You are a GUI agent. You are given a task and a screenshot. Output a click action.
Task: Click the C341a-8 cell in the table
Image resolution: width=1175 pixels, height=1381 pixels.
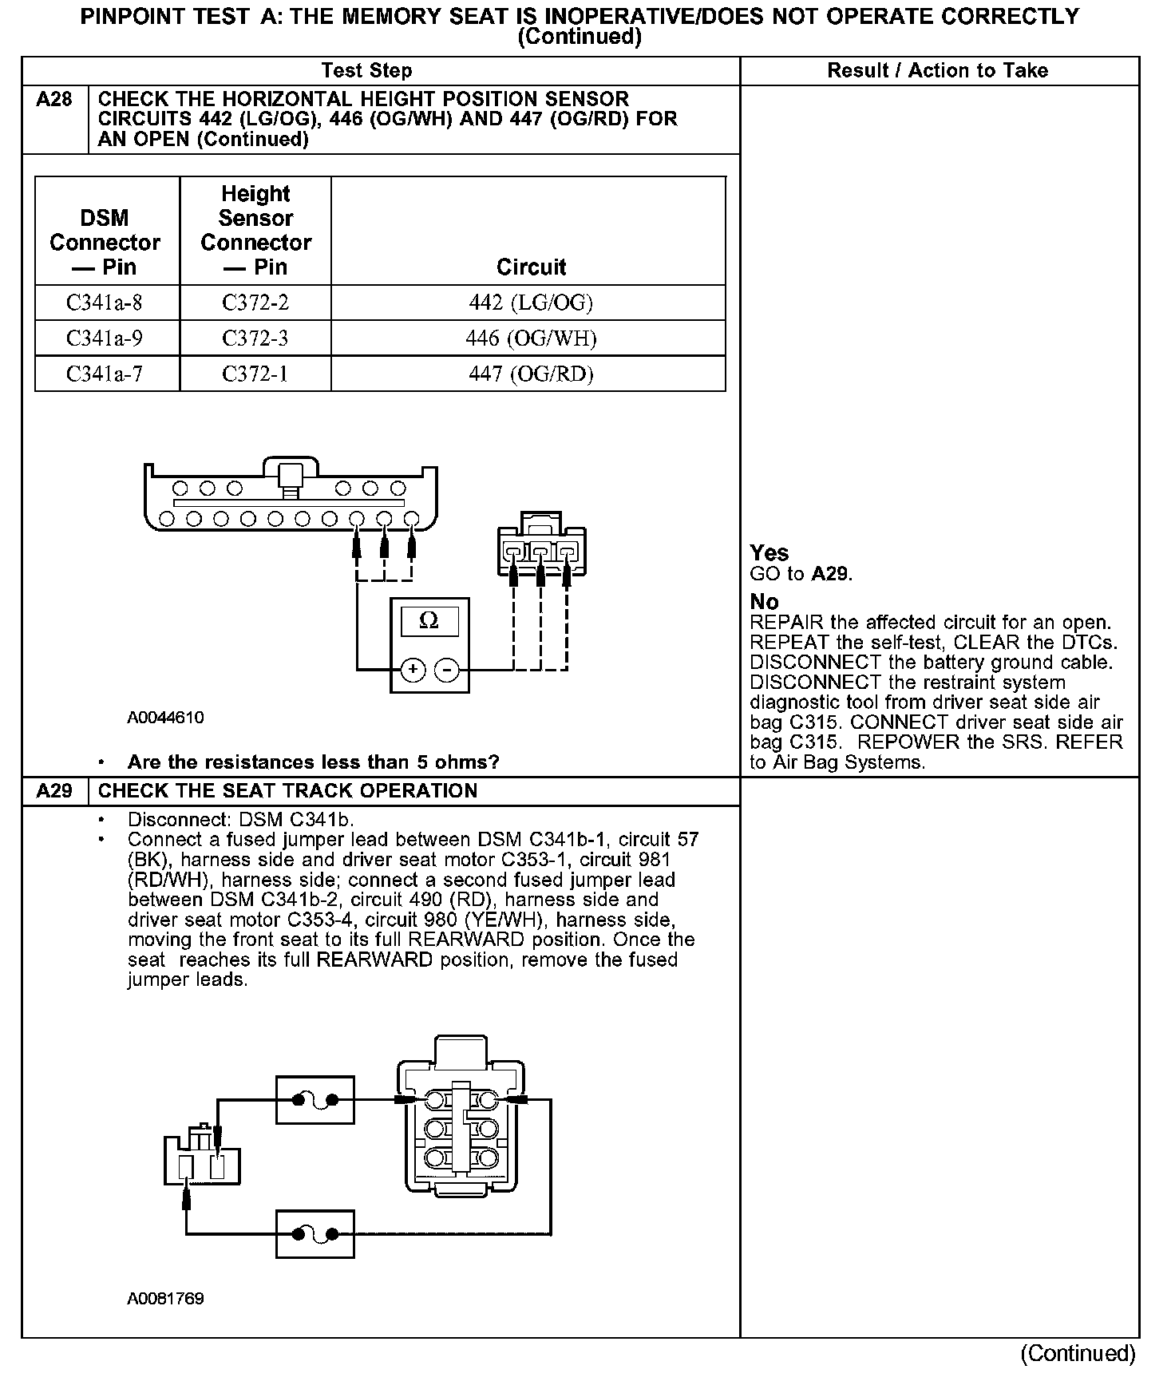[x=105, y=303]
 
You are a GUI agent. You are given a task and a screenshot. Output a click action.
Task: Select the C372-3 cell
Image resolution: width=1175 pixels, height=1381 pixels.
[x=255, y=338]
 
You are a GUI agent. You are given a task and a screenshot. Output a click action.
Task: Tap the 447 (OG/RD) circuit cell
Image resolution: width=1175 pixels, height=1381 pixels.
[x=531, y=374]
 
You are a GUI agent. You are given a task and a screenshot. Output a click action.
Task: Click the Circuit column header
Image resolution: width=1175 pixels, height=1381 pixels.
[x=531, y=267]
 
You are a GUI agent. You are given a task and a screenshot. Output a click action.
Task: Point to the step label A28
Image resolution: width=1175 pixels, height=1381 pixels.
[x=54, y=100]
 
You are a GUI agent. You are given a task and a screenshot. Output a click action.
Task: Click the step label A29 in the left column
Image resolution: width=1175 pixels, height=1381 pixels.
[x=54, y=791]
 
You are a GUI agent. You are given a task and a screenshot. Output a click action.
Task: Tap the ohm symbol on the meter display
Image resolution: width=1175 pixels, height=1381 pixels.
[x=429, y=621]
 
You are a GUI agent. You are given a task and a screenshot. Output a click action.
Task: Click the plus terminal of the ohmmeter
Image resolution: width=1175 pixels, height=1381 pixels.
[x=413, y=669]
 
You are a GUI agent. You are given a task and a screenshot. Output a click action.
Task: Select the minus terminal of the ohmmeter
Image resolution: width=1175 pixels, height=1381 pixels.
[x=447, y=669]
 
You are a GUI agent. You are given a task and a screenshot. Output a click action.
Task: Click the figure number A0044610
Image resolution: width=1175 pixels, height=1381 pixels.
[x=165, y=718]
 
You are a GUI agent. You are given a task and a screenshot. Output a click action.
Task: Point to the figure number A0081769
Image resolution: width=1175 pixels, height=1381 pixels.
[x=165, y=1299]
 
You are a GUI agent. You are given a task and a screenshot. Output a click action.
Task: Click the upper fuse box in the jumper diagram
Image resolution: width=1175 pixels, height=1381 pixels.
[x=315, y=1100]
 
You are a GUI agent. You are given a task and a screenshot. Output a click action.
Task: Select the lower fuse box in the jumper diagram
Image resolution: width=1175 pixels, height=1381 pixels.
[x=315, y=1234]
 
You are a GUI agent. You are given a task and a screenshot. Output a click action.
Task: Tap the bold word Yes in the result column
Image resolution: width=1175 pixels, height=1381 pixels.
[x=769, y=553]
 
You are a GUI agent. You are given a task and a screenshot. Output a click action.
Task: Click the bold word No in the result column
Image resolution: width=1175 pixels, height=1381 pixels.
[x=764, y=601]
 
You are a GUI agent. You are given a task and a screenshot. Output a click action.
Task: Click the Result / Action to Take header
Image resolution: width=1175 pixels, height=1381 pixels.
[x=937, y=70]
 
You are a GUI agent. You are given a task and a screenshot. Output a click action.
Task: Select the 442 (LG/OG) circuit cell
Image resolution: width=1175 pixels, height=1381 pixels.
[x=531, y=303]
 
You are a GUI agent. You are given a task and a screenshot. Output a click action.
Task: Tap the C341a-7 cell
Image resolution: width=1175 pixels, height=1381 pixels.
[x=105, y=374]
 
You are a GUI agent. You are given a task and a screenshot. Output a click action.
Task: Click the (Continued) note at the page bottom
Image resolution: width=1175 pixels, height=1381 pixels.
[x=1078, y=1354]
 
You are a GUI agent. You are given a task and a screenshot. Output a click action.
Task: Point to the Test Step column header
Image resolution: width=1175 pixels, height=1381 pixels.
[x=366, y=70]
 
